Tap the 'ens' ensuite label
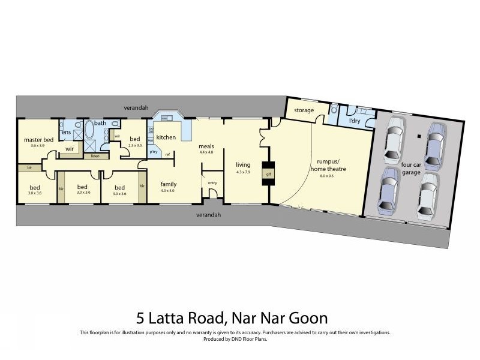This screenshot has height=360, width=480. (x=65, y=132)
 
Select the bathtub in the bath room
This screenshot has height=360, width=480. (x=91, y=131)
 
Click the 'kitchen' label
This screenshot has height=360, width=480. (x=166, y=137)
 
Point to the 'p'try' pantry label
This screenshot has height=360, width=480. (x=154, y=152)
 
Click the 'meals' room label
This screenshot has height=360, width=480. (x=207, y=146)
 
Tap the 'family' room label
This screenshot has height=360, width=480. (x=168, y=184)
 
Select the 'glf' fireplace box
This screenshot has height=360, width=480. (x=268, y=174)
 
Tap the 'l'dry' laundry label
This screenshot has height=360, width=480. (x=355, y=121)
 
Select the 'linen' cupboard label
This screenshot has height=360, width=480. (x=95, y=156)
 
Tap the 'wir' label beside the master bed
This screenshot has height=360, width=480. (x=69, y=148)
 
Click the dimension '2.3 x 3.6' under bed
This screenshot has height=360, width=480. (x=134, y=145)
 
